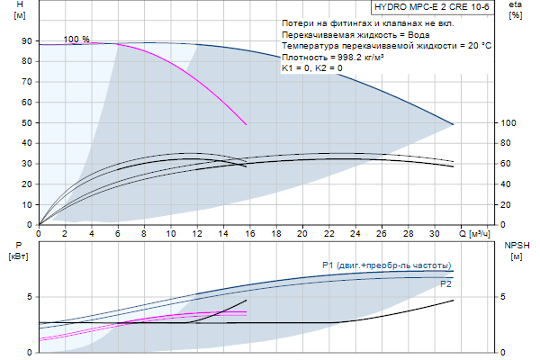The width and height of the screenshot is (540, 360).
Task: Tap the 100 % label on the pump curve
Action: (76, 40)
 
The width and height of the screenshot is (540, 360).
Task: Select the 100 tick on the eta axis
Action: (507, 122)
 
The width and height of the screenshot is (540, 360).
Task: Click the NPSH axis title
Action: (517, 245)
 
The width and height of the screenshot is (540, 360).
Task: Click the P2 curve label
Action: (445, 283)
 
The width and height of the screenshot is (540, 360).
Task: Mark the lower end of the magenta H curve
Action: (246, 124)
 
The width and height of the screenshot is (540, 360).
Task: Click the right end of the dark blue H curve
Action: (453, 123)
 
